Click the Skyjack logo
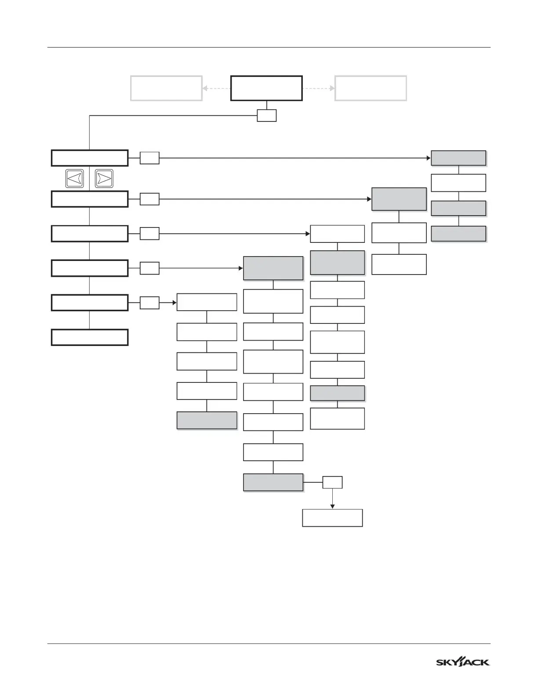(462, 662)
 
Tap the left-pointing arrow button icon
(75, 179)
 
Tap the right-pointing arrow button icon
(104, 179)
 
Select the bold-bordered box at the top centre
(266, 88)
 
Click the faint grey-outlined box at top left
(166, 88)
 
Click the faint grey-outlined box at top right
(371, 88)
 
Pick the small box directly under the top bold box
(267, 115)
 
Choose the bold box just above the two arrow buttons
(90, 158)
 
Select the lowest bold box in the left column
(90, 337)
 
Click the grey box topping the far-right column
(458, 158)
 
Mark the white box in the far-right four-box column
(458, 183)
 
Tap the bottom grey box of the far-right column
(458, 234)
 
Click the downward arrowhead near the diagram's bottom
(332, 506)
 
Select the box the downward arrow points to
(332, 518)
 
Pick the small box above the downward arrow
(332, 482)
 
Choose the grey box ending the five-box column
(207, 420)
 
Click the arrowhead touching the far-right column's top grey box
(429, 158)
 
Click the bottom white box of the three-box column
(399, 264)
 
